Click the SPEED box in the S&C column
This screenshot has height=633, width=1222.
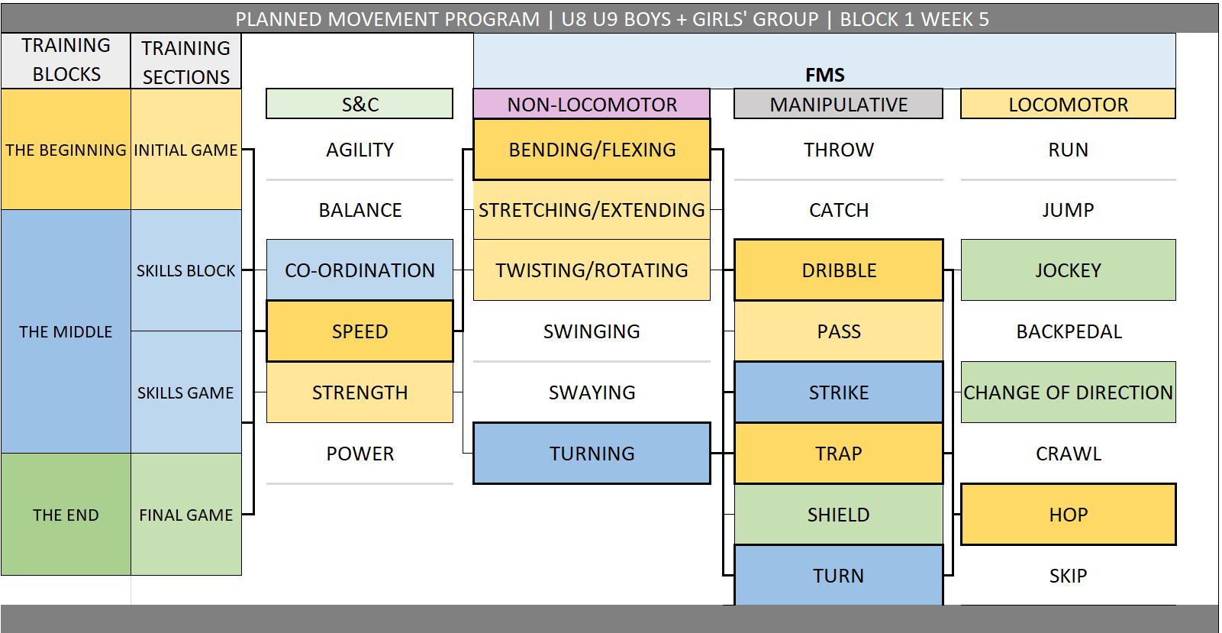(x=360, y=331)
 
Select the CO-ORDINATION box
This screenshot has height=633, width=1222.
(x=360, y=270)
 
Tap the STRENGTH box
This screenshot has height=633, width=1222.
(x=360, y=392)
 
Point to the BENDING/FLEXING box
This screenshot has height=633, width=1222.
(x=592, y=150)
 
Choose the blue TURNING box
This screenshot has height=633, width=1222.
(x=592, y=454)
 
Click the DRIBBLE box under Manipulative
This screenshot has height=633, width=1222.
(x=838, y=270)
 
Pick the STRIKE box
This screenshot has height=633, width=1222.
(x=838, y=392)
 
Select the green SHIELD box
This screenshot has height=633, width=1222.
(x=838, y=515)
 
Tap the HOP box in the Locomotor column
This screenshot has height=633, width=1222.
(x=1068, y=515)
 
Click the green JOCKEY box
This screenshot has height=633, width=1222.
(x=1068, y=270)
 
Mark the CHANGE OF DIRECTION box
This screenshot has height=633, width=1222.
(x=1068, y=392)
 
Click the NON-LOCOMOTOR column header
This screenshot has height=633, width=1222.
(x=592, y=105)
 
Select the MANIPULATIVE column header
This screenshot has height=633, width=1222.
(x=838, y=105)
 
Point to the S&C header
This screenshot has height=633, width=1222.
(x=360, y=105)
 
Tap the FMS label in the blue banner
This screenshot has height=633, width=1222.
(x=824, y=75)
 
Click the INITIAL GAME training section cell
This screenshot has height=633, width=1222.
(x=186, y=150)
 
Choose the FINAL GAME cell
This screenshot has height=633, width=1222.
(x=186, y=515)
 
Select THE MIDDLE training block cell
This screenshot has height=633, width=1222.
(x=66, y=331)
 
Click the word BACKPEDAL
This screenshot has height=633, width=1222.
(x=1069, y=331)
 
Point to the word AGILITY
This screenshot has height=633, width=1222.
(x=360, y=150)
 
